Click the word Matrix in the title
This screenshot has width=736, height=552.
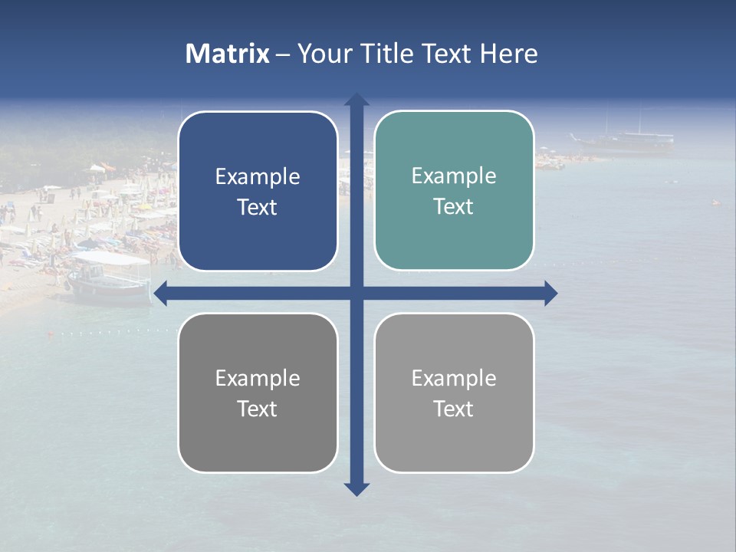pos(228,54)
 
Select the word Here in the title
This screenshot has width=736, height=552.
pos(508,54)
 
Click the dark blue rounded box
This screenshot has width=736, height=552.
pos(258,191)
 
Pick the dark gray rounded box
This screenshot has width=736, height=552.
pos(258,393)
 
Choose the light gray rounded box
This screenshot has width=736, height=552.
pos(454,393)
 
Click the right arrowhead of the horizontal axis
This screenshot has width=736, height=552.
pos(550,293)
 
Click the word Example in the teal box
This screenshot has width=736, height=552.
pos(454,176)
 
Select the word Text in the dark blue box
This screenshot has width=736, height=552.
pos(258,208)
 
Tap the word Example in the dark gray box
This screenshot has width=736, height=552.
pos(258,378)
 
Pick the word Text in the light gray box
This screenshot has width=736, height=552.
pos(454,409)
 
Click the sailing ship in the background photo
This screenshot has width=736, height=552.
pos(623,138)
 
